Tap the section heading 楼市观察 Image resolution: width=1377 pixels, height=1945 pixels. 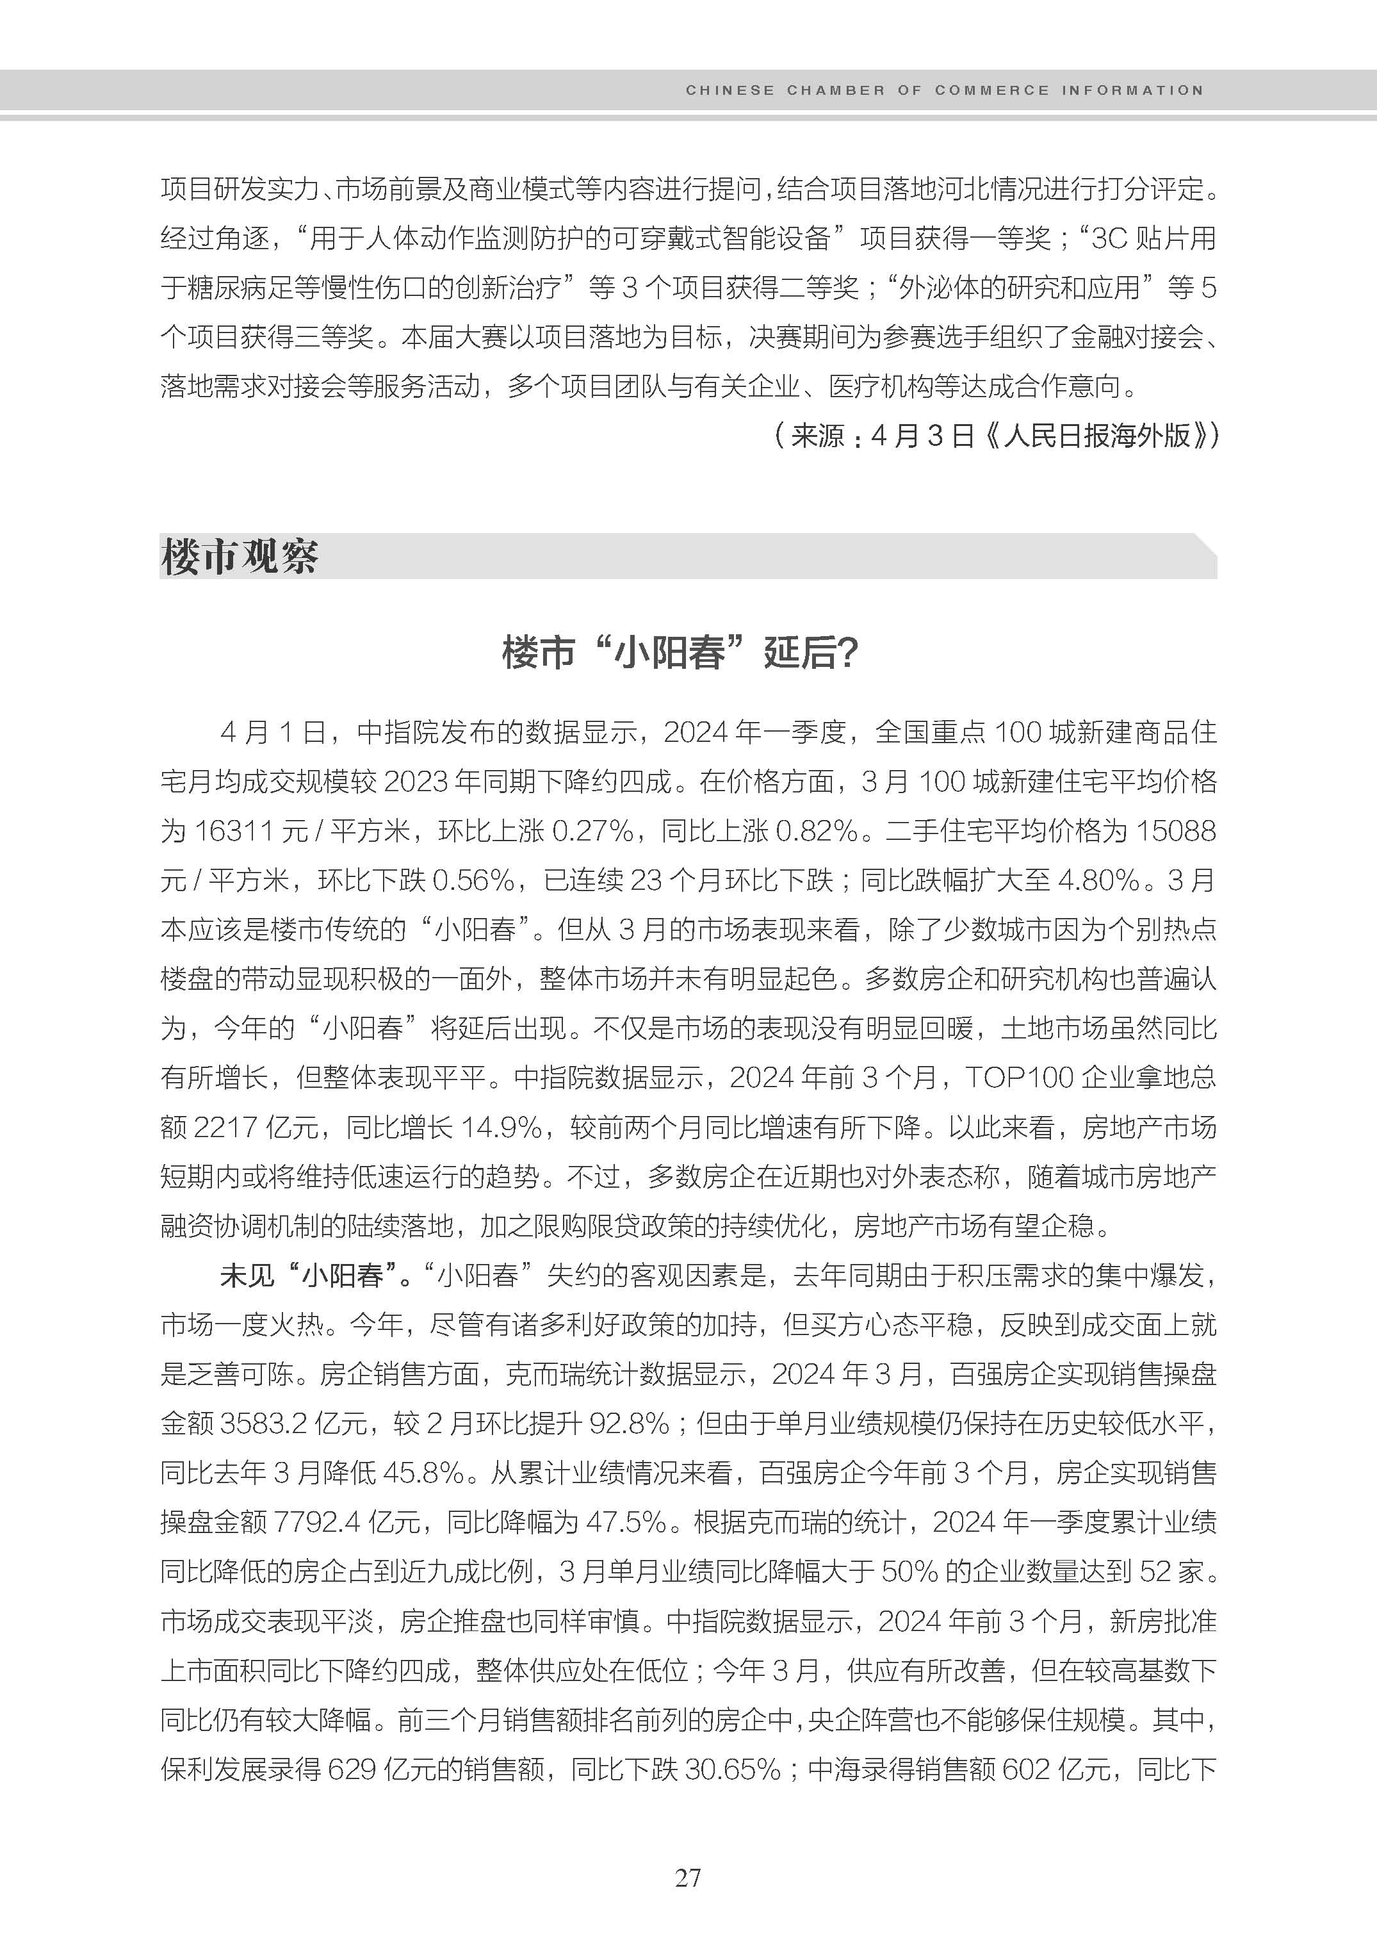click(239, 557)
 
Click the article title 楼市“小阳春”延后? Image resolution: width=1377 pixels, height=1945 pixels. click(680, 653)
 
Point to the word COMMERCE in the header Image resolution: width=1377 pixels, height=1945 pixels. click(991, 90)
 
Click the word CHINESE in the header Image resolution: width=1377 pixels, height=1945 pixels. click(730, 90)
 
